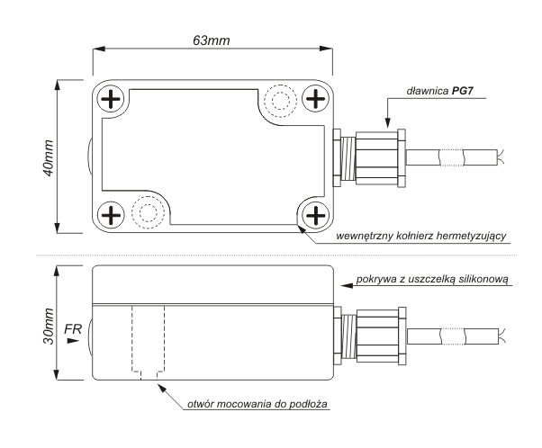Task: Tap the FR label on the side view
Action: [x=73, y=330]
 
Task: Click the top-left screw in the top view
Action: [x=112, y=98]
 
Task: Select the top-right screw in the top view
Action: [x=314, y=98]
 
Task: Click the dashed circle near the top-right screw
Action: [x=281, y=102]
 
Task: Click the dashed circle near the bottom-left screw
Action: [x=145, y=211]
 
